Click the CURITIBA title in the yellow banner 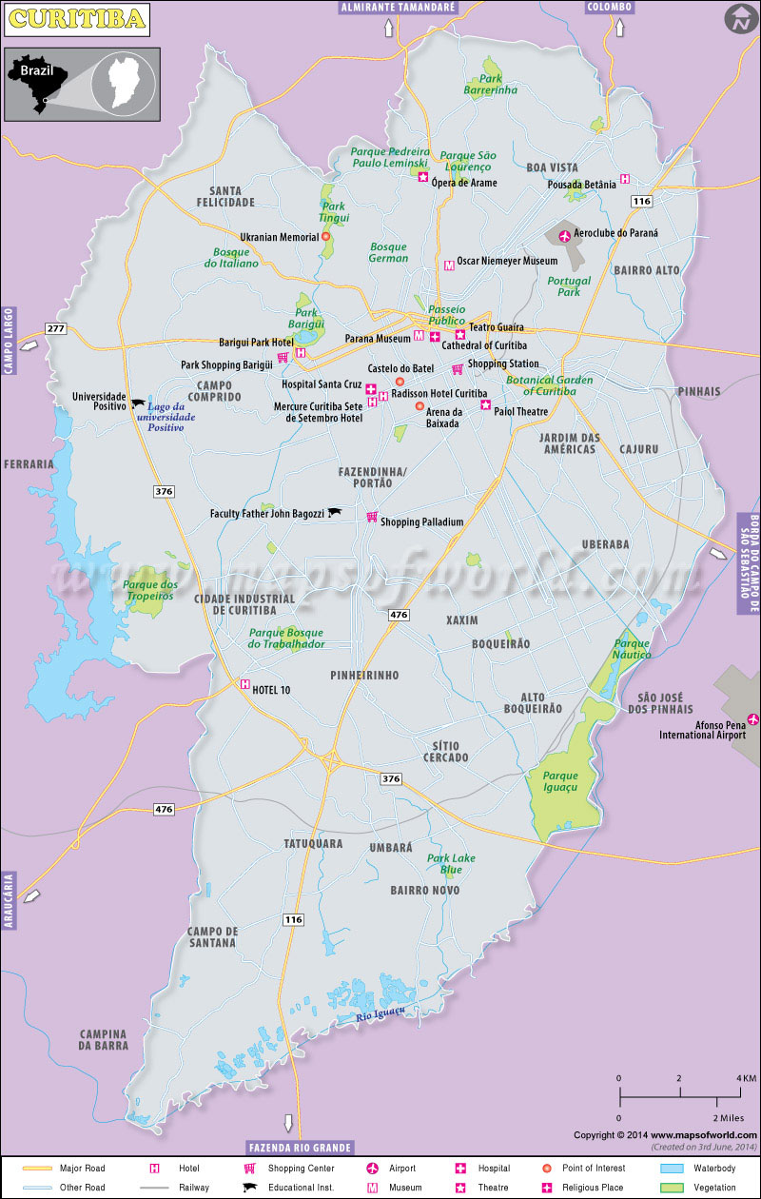point(76,18)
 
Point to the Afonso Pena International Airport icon point(753,719)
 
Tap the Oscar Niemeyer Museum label point(507,261)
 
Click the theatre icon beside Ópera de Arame point(423,177)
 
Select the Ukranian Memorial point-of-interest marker point(325,237)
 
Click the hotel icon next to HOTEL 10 point(245,683)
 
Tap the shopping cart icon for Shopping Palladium point(372,517)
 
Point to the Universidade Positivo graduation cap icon point(139,403)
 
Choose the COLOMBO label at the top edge point(609,7)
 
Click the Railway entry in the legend point(194,1187)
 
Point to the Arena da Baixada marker point(420,406)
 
